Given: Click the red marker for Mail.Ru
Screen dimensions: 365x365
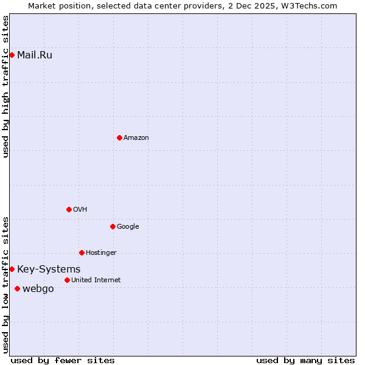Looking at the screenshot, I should (x=12, y=55).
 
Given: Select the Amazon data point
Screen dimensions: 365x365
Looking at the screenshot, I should (x=119, y=137).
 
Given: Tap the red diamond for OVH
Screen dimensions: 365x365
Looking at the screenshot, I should (x=69, y=209).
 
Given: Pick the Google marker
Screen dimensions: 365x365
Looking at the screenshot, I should (x=113, y=226).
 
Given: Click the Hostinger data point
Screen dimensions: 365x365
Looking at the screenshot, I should (x=82, y=252).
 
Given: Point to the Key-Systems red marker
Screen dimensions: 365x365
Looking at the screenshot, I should (x=12, y=269).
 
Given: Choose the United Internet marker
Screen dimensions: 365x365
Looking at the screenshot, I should (x=67, y=280).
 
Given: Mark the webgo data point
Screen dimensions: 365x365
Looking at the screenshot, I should (x=17, y=288).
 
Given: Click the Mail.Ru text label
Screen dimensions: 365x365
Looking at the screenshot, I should (x=35, y=55).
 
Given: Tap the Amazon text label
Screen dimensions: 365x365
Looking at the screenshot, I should (x=136, y=138).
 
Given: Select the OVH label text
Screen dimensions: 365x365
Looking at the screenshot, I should (x=80, y=210).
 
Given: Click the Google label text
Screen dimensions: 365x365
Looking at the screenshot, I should (x=128, y=227).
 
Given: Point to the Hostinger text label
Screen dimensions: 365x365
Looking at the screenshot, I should (x=101, y=253).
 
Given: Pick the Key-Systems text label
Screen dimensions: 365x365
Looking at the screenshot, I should (x=49, y=269).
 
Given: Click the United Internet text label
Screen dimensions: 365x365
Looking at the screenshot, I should (x=96, y=280).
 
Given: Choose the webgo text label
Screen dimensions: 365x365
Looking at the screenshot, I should (x=38, y=289).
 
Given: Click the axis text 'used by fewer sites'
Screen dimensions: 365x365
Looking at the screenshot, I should (x=63, y=360).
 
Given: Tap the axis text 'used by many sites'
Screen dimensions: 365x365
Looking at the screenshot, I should (x=305, y=360).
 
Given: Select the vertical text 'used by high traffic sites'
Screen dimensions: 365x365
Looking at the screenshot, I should (x=5, y=86).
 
